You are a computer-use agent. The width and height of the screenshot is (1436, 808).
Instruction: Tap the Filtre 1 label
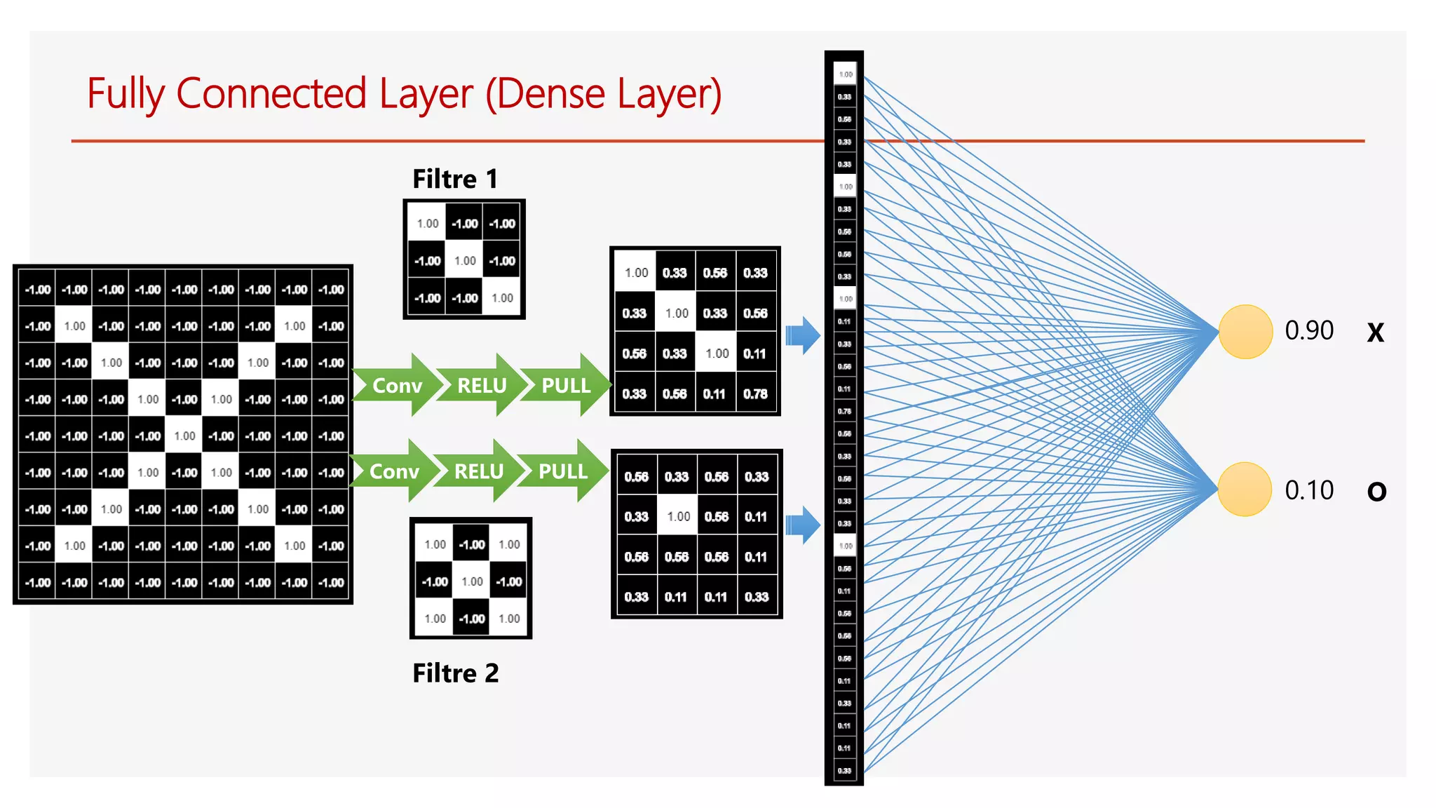[455, 179]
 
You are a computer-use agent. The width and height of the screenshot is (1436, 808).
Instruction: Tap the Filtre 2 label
[455, 673]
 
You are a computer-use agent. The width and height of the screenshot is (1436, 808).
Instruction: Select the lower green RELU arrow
[479, 471]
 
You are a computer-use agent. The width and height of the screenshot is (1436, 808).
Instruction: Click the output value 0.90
[1308, 330]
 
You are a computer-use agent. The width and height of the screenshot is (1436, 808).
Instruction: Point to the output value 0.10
[1308, 490]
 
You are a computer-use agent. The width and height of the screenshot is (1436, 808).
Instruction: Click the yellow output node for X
[1245, 331]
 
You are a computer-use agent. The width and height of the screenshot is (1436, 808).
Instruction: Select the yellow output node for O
[1245, 489]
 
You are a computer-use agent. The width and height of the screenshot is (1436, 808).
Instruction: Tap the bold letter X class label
[1376, 332]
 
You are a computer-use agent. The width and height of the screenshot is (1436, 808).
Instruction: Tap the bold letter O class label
[1376, 492]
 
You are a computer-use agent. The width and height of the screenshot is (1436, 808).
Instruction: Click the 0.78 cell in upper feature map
[756, 394]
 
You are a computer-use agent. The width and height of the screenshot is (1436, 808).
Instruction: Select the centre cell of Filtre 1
[465, 261]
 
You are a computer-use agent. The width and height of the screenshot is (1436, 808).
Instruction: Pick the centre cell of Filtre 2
[472, 581]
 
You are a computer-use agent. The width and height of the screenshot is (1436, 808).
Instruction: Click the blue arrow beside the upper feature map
[802, 335]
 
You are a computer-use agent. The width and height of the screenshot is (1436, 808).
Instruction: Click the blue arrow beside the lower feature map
[802, 525]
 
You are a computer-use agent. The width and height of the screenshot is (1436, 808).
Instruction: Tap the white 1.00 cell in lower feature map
[678, 517]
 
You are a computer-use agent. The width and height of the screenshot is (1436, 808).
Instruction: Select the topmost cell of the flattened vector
[845, 74]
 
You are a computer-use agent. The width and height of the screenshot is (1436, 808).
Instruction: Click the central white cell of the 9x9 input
[184, 436]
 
